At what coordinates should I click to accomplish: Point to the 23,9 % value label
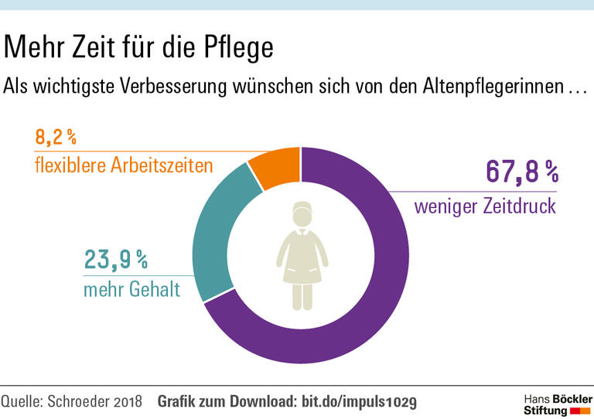pyautogui.click(x=115, y=261)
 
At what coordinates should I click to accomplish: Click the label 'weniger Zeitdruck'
pyautogui.click(x=485, y=207)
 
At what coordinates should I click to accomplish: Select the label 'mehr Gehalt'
pyautogui.click(x=131, y=291)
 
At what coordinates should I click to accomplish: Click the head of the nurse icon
pyautogui.click(x=302, y=216)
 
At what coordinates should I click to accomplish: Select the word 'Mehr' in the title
pyautogui.click(x=32, y=48)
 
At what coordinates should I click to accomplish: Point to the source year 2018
pyautogui.click(x=125, y=401)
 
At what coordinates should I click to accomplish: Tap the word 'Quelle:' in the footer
pyautogui.click(x=22, y=401)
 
